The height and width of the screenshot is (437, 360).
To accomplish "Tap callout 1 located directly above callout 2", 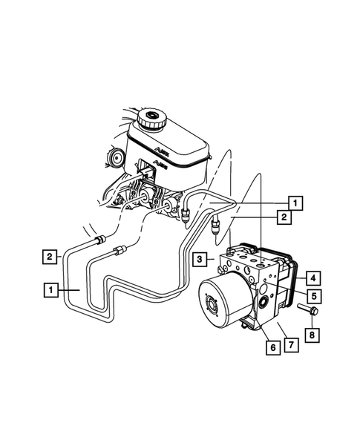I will (x=295, y=202).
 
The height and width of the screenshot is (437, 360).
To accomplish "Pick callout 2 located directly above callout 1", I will (x=50, y=257).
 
